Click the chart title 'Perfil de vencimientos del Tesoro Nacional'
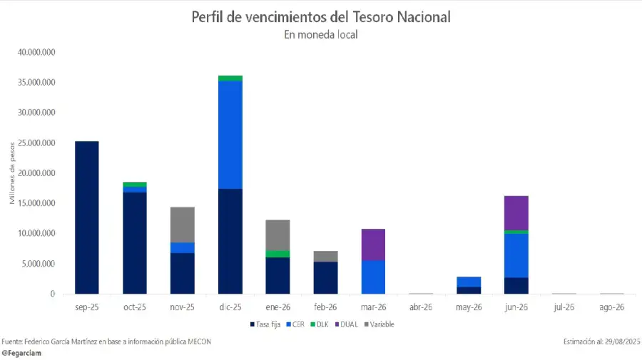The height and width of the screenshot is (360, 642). pyautogui.click(x=321, y=16)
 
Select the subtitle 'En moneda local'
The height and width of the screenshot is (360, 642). pyautogui.click(x=321, y=35)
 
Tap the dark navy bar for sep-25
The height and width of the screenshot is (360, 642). pyautogui.click(x=87, y=217)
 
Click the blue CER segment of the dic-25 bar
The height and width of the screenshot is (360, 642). pyautogui.click(x=230, y=135)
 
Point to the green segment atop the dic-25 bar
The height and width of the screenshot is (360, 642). pyautogui.click(x=230, y=78)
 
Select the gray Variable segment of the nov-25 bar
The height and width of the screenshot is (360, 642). pyautogui.click(x=183, y=225)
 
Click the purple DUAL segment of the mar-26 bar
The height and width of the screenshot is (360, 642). pyautogui.click(x=373, y=245)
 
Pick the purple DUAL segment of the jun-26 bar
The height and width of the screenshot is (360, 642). pyautogui.click(x=516, y=212)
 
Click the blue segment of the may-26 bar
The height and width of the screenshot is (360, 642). pyautogui.click(x=469, y=282)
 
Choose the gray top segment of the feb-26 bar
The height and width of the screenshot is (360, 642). pyautogui.click(x=325, y=256)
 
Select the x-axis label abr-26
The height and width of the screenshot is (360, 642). pyautogui.click(x=421, y=307)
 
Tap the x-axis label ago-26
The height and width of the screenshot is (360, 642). pyautogui.click(x=612, y=307)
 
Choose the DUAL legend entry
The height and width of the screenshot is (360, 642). pyautogui.click(x=346, y=324)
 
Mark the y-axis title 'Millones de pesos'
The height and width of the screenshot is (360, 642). pyautogui.click(x=12, y=173)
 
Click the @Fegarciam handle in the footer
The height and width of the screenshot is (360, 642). pyautogui.click(x=21, y=353)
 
